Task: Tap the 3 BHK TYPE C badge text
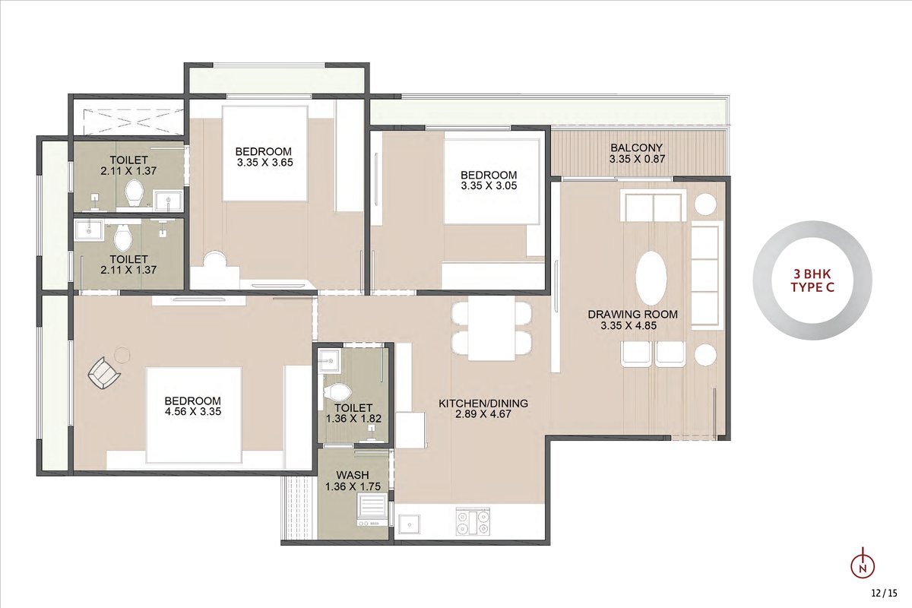812,280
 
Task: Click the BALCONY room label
636,147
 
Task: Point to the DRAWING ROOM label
632,314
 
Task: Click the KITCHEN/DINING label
483,403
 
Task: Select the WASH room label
353,475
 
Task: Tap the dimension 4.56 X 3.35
193,411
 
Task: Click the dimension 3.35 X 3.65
265,163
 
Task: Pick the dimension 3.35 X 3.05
489,185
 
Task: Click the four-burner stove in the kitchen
473,522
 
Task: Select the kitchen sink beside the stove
409,524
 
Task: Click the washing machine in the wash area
372,510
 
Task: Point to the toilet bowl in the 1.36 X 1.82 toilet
337,393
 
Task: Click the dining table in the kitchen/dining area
492,328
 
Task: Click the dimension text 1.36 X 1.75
353,486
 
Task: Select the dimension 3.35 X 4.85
629,325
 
